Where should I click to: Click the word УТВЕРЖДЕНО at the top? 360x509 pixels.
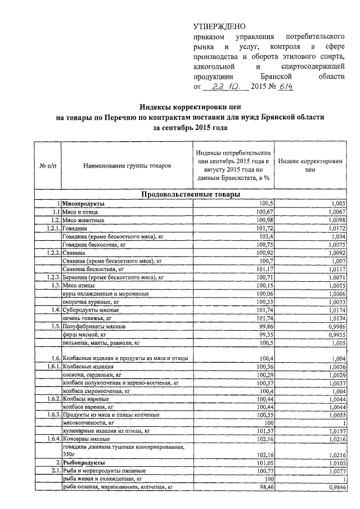coord(219,26)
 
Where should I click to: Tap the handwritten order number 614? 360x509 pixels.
coord(281,87)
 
